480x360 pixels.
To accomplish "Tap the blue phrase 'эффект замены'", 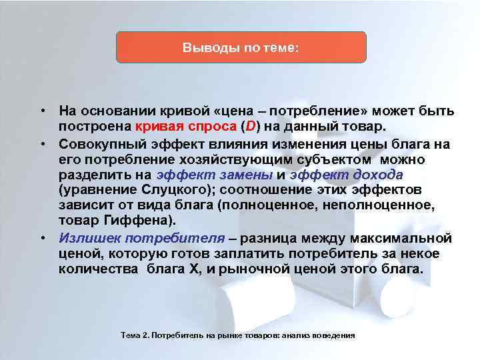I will tap(213, 175).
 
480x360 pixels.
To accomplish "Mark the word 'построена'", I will tap(94, 127).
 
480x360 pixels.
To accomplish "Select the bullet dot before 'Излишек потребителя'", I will tap(41, 238).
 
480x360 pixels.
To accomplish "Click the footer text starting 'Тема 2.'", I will tap(238, 335).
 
